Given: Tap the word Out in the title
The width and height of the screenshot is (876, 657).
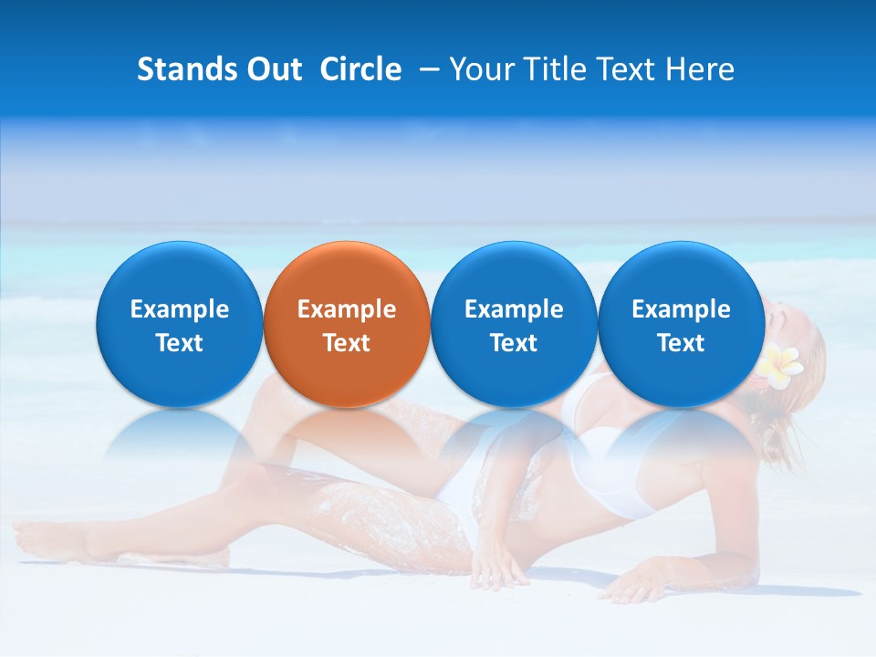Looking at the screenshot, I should click(271, 69).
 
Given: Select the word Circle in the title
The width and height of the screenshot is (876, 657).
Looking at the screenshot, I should click(360, 69).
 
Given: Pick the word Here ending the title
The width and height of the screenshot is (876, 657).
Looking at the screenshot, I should click(701, 69).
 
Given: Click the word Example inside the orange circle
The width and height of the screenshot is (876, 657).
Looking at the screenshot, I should click(347, 309).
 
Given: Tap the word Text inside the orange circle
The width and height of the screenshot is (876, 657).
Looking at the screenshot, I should click(347, 343).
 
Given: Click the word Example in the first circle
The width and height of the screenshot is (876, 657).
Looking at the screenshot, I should click(179, 309).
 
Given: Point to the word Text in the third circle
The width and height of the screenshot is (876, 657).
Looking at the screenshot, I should click(514, 343).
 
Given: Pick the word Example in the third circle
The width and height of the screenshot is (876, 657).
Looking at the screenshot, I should click(514, 309).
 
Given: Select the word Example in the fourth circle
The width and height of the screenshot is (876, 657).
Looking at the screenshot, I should click(681, 309).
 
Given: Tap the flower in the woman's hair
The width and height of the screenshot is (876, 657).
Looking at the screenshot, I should click(780, 360).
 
